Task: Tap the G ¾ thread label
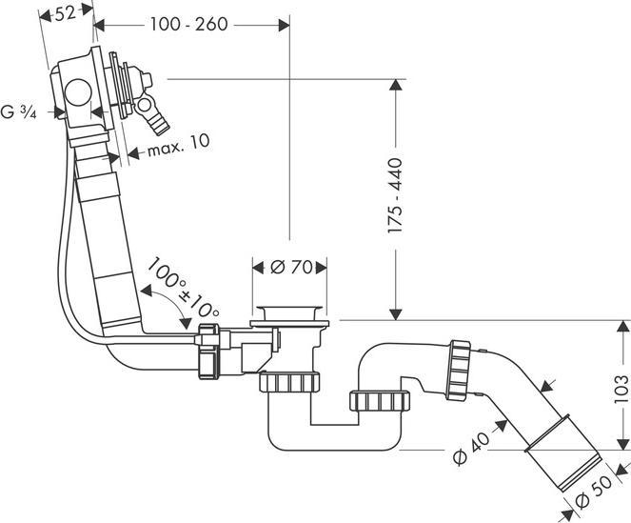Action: coord(20,112)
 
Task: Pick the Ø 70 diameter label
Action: coord(291,268)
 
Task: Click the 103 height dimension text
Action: coord(621,389)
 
